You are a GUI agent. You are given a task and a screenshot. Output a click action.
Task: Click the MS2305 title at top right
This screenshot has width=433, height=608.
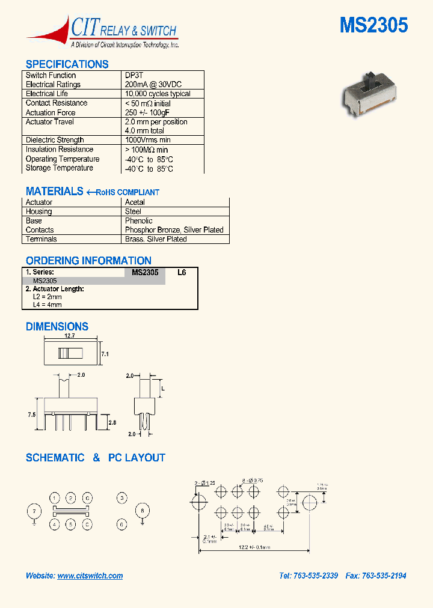click(x=373, y=25)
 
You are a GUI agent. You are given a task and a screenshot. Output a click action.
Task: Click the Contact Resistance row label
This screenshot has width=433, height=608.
click(x=57, y=103)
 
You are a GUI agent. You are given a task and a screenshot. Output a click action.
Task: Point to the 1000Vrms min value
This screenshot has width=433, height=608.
click(x=147, y=140)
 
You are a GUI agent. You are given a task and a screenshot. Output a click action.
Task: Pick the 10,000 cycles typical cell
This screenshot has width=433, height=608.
click(x=158, y=94)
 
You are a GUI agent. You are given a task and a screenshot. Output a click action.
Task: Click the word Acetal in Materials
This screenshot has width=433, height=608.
click(x=135, y=202)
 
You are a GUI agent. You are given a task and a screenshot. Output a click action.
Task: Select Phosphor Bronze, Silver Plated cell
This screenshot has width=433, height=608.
click(x=174, y=230)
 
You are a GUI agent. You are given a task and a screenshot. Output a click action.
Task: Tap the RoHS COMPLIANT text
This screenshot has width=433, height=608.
click(x=127, y=192)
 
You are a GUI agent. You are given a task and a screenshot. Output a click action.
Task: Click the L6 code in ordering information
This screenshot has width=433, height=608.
click(x=182, y=272)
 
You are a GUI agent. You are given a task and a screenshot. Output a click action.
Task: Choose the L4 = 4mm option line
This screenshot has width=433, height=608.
click(x=47, y=305)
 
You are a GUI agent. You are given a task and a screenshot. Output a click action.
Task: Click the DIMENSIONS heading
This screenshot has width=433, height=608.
click(x=57, y=327)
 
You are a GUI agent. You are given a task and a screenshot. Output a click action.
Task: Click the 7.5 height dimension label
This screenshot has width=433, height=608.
click(x=32, y=415)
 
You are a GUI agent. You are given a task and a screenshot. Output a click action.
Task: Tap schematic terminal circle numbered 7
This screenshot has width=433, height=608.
click(x=34, y=511)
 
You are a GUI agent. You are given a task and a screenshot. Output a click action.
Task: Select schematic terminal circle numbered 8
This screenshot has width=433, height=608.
click(x=142, y=511)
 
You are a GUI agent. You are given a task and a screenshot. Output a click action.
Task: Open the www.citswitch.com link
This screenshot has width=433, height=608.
click(x=90, y=576)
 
